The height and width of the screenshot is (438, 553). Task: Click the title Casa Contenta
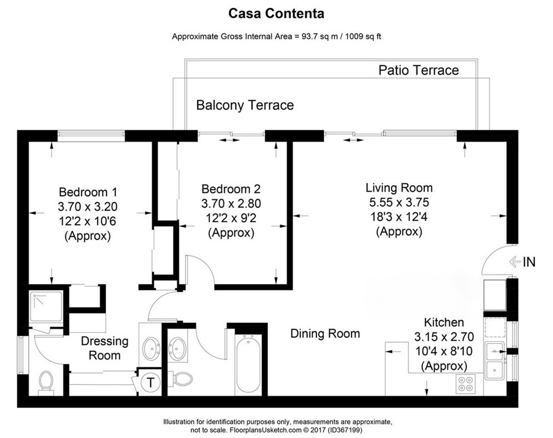click(276, 12)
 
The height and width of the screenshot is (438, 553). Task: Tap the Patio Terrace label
click(419, 70)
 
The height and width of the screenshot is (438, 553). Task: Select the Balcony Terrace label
click(245, 105)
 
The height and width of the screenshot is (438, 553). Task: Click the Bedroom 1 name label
click(88, 192)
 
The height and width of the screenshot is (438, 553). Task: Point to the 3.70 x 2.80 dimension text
click(231, 203)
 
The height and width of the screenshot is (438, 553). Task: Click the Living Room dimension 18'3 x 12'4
click(399, 217)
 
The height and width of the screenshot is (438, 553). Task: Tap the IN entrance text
click(529, 262)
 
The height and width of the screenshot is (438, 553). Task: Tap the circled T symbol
click(150, 382)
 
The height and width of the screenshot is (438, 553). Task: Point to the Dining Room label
click(325, 334)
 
